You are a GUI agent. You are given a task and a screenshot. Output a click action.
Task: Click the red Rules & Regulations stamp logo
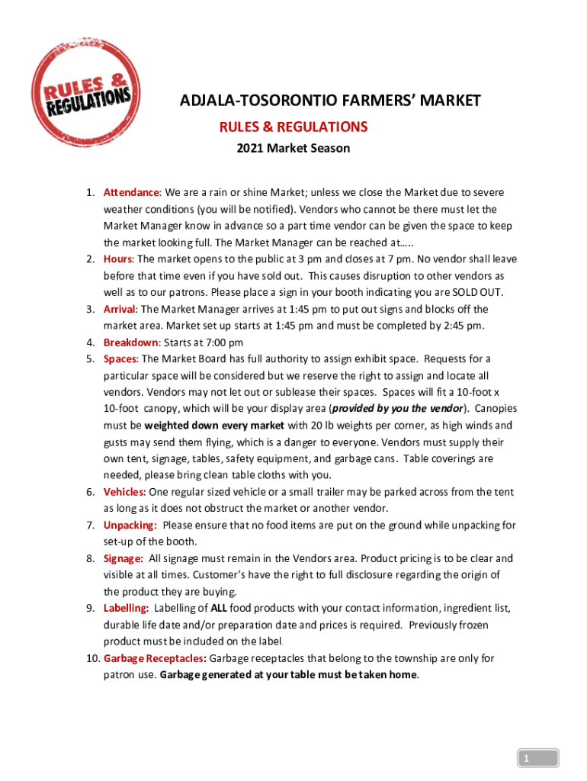tap(86, 85)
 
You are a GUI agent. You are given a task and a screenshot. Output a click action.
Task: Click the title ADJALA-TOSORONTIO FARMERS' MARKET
tap(330, 101)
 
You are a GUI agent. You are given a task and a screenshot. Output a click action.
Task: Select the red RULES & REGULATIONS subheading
tap(293, 126)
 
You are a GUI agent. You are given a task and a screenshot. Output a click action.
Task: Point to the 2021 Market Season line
tap(293, 148)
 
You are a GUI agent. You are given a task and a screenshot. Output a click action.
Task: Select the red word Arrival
tap(120, 309)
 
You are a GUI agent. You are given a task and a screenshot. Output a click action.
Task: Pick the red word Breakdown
tap(129, 342)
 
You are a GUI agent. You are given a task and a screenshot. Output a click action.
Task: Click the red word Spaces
tap(120, 359)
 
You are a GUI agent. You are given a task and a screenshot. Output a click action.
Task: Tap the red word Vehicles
tap(125, 492)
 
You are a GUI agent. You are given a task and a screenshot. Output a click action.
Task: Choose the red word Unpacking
tap(130, 525)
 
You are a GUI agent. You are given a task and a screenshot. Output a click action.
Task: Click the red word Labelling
tap(127, 608)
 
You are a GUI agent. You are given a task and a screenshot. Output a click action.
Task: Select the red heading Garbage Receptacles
tap(155, 658)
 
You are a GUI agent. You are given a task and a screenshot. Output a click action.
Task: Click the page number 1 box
tap(537, 758)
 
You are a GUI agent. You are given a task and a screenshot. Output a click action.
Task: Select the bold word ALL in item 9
tap(218, 608)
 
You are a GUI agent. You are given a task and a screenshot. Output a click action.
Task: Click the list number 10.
tap(91, 658)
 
